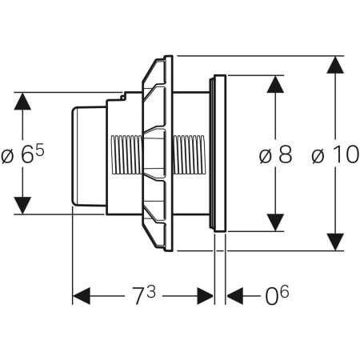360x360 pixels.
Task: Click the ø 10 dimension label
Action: click(336, 154)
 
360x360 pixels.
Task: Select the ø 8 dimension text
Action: click(276, 154)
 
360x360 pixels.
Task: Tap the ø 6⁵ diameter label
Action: click(22, 154)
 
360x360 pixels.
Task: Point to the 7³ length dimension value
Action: click(144, 295)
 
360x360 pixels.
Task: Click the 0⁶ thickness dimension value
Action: click(277, 295)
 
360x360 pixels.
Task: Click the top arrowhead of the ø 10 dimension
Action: click(335, 65)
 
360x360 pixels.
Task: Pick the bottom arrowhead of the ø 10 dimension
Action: click(335, 242)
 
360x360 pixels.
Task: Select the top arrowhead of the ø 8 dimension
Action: click(275, 84)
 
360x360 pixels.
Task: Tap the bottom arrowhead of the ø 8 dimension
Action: click(275, 222)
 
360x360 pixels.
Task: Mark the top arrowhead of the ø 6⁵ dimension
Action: click(22, 101)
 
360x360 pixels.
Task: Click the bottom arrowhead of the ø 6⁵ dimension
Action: click(22, 206)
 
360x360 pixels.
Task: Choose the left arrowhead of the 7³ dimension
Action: click(82, 296)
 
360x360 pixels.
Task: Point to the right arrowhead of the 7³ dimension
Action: click(206, 296)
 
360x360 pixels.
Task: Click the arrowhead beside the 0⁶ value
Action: click(235, 296)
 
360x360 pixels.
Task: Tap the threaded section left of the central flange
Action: click(126, 154)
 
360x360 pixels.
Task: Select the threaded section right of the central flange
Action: click(189, 154)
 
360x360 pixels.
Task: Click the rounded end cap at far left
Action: click(89, 156)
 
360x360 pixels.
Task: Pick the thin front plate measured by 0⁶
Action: click(220, 153)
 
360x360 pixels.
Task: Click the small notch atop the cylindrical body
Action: click(123, 96)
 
